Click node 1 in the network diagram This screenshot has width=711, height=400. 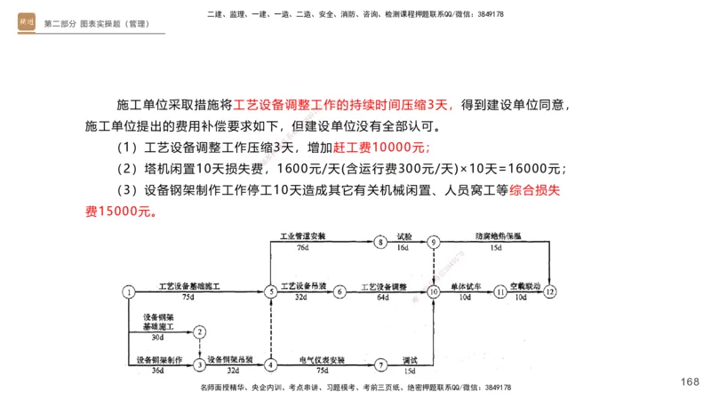pyautogui.click(x=129, y=291)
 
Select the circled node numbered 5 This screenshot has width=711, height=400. pyautogui.click(x=270, y=291)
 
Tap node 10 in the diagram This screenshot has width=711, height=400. pyautogui.click(x=434, y=291)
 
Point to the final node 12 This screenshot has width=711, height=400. pyautogui.click(x=550, y=291)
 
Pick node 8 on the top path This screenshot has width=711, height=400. pyautogui.click(x=380, y=241)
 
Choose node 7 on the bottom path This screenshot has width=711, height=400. pyautogui.click(x=380, y=364)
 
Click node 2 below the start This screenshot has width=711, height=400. pyautogui.click(x=201, y=332)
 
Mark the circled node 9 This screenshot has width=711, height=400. pyautogui.click(x=434, y=241)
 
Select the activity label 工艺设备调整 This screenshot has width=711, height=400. pyautogui.click(x=384, y=286)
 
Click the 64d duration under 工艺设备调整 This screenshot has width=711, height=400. pyautogui.click(x=384, y=297)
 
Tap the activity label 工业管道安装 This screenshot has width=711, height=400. pyautogui.click(x=302, y=236)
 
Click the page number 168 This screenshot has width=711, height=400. pyautogui.click(x=690, y=381)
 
